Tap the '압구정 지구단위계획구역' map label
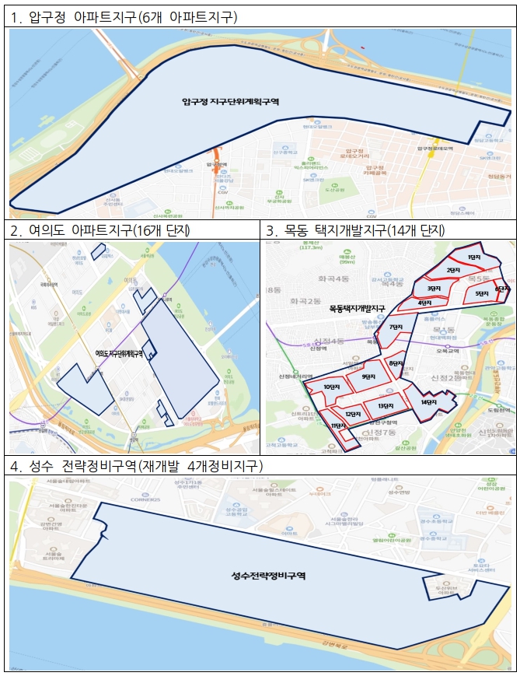(x=230, y=101)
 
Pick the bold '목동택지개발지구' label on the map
(x=357, y=309)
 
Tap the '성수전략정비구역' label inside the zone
(x=269, y=576)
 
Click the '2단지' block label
(x=453, y=270)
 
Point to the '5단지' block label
(x=481, y=292)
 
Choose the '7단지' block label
(x=396, y=327)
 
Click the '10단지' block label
(x=332, y=386)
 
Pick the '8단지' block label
(x=396, y=363)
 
